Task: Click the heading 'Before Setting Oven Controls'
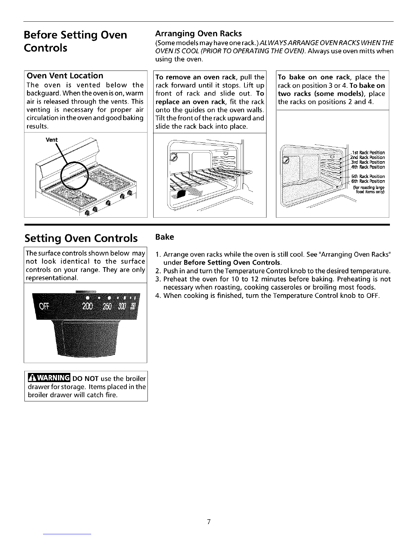pyautogui.click(x=76, y=40)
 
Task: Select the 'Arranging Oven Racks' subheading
pyautogui.click(x=198, y=34)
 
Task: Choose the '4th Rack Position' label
pyautogui.click(x=368, y=167)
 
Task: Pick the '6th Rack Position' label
pyautogui.click(x=368, y=181)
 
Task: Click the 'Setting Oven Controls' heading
pyautogui.click(x=81, y=238)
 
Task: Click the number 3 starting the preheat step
pyautogui.click(x=157, y=279)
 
